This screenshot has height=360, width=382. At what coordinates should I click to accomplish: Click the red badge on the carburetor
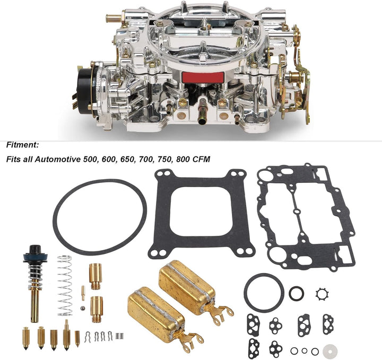[x=203, y=77]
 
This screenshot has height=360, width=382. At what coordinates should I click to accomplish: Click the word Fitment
[x=22, y=145]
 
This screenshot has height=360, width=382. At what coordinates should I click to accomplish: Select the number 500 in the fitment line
[x=90, y=160]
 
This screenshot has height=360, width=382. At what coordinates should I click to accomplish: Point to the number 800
[x=183, y=160]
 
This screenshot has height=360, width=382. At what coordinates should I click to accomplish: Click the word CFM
[x=201, y=160]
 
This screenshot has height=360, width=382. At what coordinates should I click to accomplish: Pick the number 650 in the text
[x=127, y=160]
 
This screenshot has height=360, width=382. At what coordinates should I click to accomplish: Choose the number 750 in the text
[x=164, y=160]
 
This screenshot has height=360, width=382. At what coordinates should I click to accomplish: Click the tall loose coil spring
[x=65, y=286]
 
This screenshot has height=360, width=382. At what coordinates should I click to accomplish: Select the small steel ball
[x=83, y=308]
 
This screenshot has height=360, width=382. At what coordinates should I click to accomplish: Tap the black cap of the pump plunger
[x=36, y=250]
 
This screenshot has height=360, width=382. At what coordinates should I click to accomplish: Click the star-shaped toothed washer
[x=322, y=294]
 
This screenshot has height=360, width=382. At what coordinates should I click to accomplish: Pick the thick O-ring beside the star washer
[x=296, y=293]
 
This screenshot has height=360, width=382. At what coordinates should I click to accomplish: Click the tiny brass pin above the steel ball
[x=83, y=293]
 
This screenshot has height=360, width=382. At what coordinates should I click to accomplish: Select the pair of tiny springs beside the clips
[x=119, y=336]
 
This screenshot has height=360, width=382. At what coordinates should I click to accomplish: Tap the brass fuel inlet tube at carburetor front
[x=202, y=111]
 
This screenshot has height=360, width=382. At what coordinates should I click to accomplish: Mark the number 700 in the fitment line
[x=146, y=160]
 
